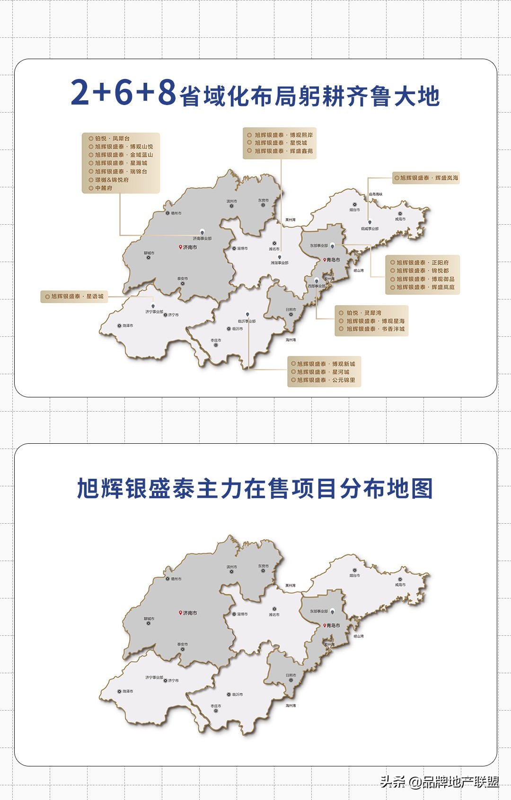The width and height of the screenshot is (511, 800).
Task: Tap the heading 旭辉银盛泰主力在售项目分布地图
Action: coord(255,489)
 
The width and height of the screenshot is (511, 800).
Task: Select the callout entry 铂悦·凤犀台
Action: coord(112,139)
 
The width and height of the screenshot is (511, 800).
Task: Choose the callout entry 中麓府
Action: coord(104,188)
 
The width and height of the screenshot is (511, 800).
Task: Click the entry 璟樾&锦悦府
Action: coord(112,180)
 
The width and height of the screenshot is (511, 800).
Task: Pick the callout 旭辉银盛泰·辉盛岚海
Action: coord(429,178)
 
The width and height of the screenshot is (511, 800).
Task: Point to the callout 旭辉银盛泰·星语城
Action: coord(77,297)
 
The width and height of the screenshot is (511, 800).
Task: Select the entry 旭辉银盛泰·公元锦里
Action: coord(326,380)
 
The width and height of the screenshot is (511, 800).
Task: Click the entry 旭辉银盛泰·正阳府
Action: coord(423,263)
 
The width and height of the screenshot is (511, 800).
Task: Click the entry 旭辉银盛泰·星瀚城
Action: coord(121,163)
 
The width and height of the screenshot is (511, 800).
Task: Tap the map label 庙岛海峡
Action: coord(376,194)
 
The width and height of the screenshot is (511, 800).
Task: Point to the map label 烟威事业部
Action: coord(370,229)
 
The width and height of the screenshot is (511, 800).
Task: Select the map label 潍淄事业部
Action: coord(280,263)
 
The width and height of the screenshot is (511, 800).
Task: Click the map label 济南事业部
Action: coord(203,238)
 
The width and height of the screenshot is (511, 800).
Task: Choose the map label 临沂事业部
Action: coord(247,321)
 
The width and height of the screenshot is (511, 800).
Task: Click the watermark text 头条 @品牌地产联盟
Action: coord(440,782)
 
